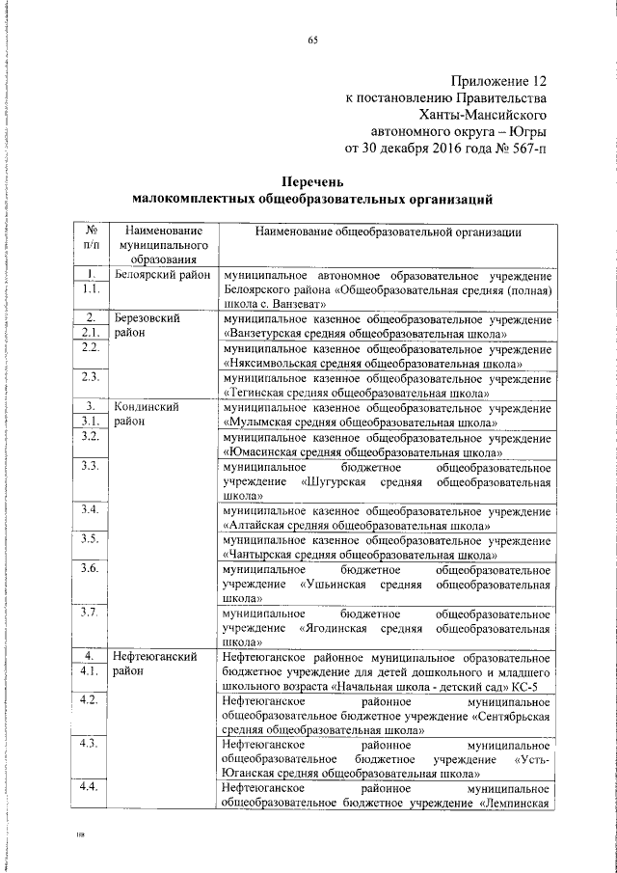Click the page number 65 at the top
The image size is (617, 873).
point(312,39)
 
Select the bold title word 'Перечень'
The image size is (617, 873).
point(311,180)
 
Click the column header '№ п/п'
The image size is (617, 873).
point(89,238)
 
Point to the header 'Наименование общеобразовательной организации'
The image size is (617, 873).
point(389,232)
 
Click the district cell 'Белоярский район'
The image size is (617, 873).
point(162,275)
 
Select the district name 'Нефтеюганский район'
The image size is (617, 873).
point(156,664)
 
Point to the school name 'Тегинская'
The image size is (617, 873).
point(257,393)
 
